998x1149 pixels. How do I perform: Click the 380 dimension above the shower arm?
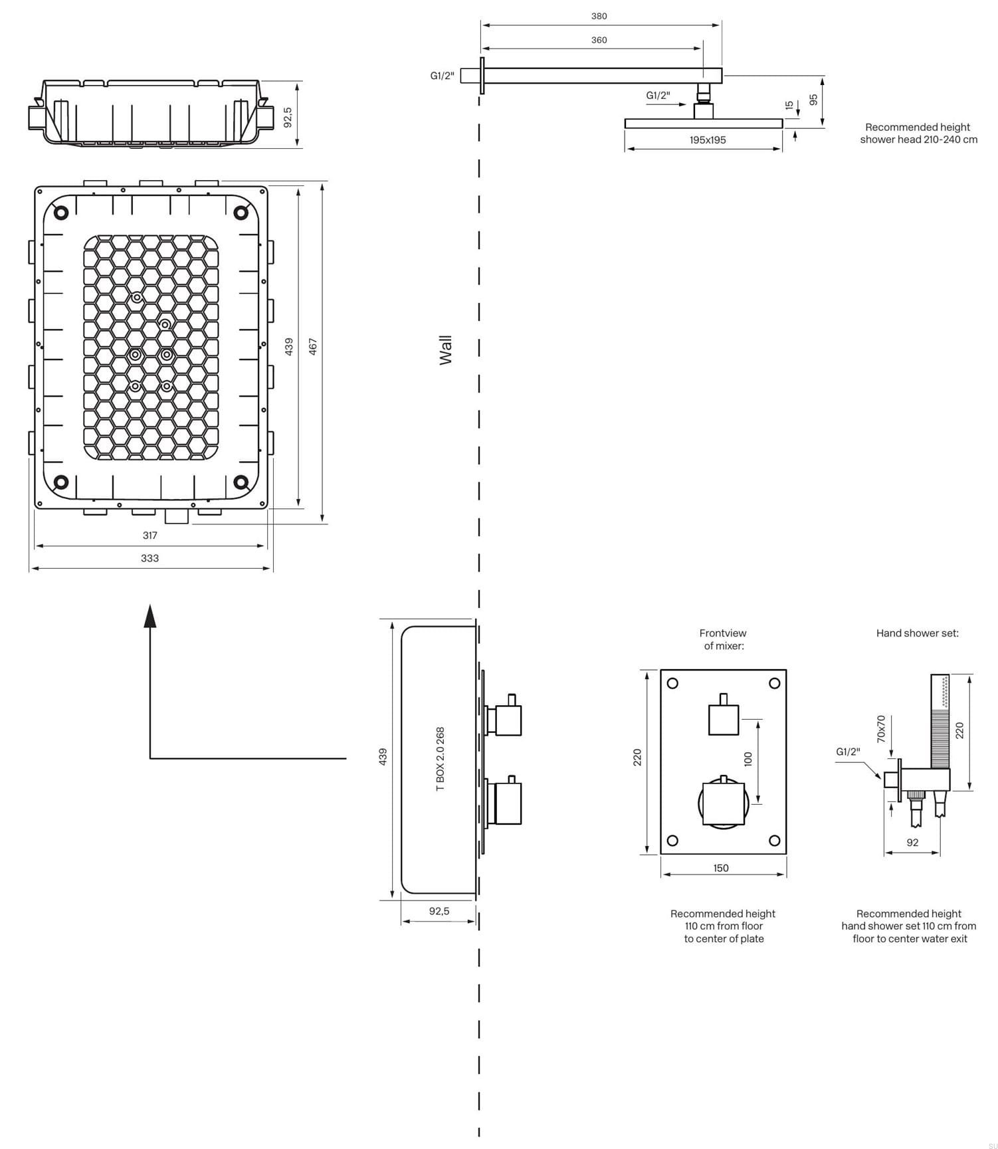(x=599, y=16)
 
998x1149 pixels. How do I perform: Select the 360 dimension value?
(x=599, y=40)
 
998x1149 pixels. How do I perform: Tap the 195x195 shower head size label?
(x=707, y=140)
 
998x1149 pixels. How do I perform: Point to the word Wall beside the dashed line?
(x=446, y=350)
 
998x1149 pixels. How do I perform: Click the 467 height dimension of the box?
(x=313, y=346)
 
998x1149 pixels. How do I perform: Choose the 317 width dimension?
(x=150, y=535)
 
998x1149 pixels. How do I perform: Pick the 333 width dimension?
(x=150, y=558)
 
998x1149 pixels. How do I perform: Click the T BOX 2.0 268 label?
(x=440, y=759)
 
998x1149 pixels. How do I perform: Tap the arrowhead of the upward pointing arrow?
(x=150, y=615)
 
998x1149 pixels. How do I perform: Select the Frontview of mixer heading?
(x=723, y=639)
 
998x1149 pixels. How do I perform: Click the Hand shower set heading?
(x=917, y=633)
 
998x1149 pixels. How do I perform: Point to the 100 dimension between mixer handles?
(x=748, y=759)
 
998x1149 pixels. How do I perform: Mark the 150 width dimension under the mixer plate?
(x=721, y=868)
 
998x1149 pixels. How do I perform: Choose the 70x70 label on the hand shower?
(x=881, y=729)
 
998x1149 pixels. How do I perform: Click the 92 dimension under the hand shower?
(x=912, y=843)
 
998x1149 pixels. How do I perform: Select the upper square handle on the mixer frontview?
(x=723, y=719)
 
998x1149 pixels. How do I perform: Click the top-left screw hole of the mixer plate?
(x=672, y=683)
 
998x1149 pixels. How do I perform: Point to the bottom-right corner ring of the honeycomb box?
(x=241, y=482)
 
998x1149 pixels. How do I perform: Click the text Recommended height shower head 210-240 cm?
(x=918, y=133)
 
